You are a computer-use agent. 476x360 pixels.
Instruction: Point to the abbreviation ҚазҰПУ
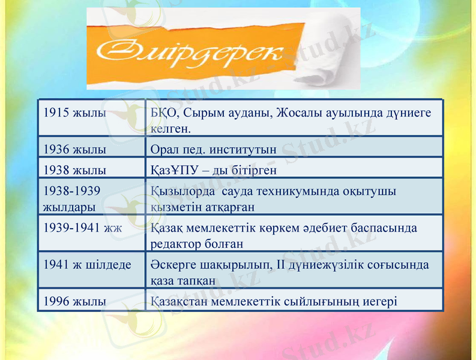(174, 170)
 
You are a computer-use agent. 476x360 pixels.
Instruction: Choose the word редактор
(174, 244)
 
